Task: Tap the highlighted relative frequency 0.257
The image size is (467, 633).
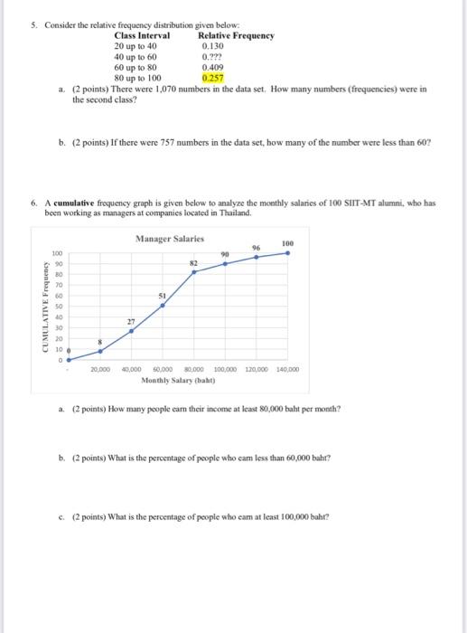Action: click(x=213, y=79)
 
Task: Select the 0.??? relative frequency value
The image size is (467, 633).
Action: click(x=211, y=56)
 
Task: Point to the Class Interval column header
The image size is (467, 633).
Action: click(x=142, y=34)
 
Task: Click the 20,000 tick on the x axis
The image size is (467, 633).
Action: click(x=101, y=370)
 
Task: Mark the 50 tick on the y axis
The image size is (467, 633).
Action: click(x=56, y=307)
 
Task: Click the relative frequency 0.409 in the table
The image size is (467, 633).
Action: click(x=213, y=67)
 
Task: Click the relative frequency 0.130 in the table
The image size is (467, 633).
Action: click(x=213, y=45)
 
